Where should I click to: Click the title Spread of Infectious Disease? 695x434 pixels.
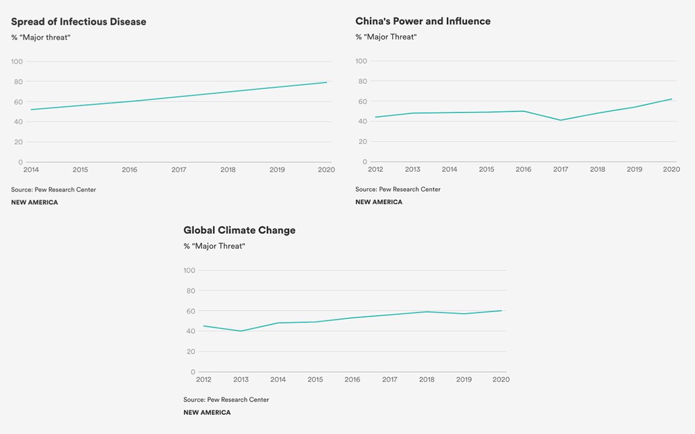point(79,22)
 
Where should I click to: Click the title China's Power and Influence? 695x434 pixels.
point(423,21)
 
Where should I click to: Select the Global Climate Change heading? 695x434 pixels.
point(239,230)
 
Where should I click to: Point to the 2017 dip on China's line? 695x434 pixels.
point(561,120)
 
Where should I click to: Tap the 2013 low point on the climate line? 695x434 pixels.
point(241,331)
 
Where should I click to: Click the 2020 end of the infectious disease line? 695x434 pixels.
point(327,82)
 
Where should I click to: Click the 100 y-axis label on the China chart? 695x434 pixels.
point(361,61)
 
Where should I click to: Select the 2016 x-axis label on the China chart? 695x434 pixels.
point(524,169)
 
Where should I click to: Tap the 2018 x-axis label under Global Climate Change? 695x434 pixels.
point(427,379)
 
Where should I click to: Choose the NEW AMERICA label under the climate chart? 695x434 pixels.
point(207,413)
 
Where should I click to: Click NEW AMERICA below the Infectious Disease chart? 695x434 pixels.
point(34,203)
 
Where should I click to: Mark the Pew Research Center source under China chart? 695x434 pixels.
point(398,189)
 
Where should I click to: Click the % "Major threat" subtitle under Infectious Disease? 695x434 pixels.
point(41,38)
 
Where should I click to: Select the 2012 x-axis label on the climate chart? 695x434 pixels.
point(204,379)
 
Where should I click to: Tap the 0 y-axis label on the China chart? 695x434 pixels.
point(365,161)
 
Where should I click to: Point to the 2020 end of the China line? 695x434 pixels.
point(671,99)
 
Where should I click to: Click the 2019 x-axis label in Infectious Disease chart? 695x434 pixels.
point(277,170)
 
